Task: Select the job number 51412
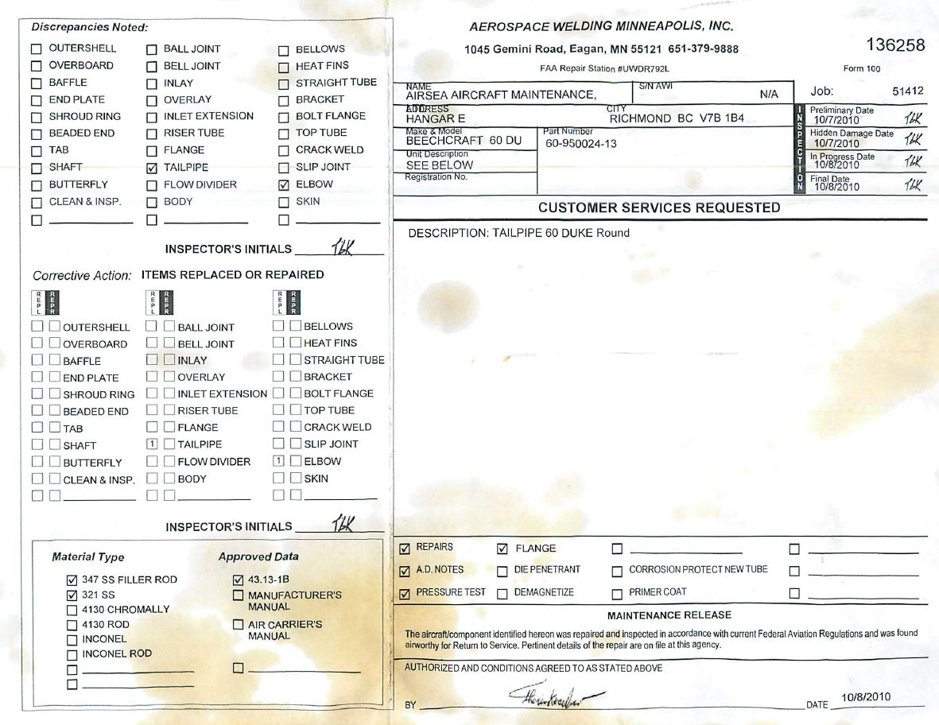907,91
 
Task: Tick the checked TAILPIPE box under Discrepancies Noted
153,168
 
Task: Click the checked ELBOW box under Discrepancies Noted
284,184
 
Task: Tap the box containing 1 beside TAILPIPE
153,444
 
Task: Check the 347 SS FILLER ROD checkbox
73,580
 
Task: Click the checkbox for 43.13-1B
239,580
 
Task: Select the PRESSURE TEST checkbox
405,592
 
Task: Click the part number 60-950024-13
581,144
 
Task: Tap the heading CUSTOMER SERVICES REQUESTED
659,207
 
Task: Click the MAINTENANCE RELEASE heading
669,615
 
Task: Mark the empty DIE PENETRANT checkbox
502,570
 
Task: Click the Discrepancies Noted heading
90,28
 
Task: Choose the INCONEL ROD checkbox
73,654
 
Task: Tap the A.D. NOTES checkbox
405,570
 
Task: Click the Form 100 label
862,68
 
